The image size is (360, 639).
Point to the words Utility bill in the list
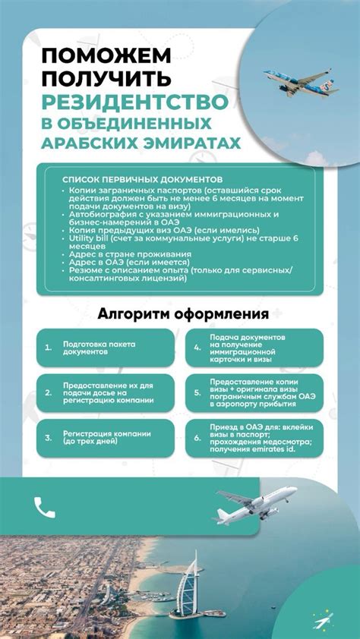88,238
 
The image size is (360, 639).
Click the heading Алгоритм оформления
183,314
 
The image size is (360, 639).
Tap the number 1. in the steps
48,348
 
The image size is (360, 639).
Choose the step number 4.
197,348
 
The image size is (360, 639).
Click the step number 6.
197,438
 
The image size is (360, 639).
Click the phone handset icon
45,507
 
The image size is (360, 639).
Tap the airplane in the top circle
297,80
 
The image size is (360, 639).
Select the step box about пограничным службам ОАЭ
258,393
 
